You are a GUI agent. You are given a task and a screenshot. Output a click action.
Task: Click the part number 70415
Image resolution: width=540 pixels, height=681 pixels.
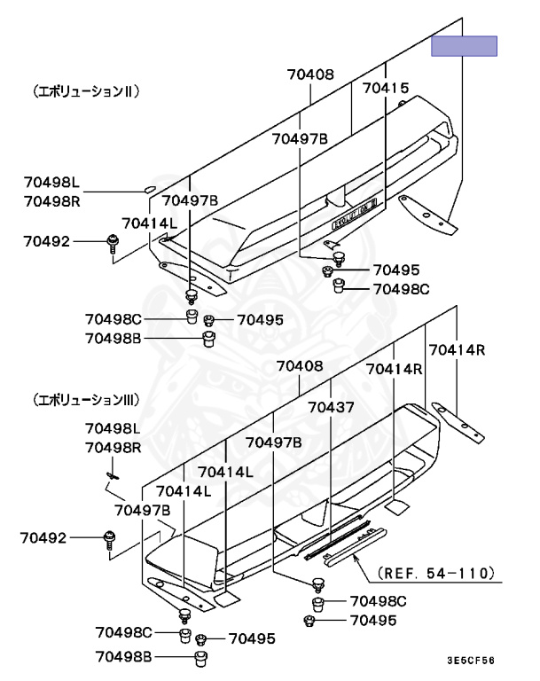click(x=386, y=88)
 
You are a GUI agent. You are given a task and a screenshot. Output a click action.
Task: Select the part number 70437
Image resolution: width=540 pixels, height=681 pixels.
click(x=331, y=408)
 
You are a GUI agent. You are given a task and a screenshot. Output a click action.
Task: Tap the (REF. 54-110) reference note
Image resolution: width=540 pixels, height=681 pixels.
click(x=435, y=573)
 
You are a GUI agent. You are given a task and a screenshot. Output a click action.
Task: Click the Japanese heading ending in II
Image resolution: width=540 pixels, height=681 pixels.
click(x=85, y=90)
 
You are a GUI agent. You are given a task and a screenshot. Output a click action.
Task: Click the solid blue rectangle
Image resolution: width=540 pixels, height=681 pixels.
click(x=464, y=46)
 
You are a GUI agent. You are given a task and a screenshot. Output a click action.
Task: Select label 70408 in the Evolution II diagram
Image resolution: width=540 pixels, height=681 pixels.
click(x=310, y=75)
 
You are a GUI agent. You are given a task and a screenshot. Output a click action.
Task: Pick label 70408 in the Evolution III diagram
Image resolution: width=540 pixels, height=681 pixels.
click(x=300, y=366)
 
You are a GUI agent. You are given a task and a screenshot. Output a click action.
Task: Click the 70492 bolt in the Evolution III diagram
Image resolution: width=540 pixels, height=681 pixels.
click(x=110, y=536)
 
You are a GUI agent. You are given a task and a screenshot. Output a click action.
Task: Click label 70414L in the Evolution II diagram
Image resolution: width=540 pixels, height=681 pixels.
click(x=148, y=223)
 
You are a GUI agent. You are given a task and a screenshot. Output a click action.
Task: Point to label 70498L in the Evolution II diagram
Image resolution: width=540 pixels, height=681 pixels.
click(x=51, y=183)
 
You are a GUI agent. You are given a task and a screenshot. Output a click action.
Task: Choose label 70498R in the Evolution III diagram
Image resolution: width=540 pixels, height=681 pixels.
click(x=113, y=448)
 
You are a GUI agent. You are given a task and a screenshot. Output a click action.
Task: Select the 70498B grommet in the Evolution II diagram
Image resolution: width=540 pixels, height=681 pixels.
click(x=209, y=339)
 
